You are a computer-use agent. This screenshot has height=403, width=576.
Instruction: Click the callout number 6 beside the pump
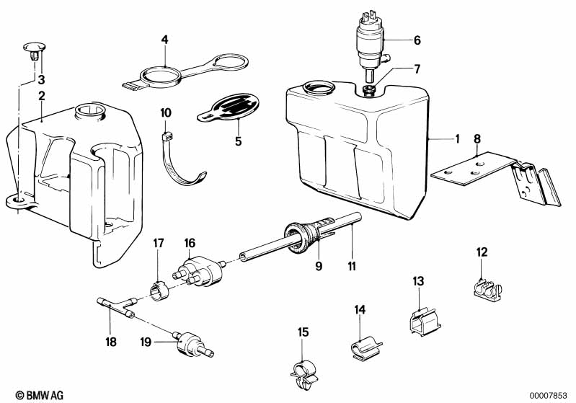coord(417,40)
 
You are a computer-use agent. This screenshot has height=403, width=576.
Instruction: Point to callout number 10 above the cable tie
coord(166,112)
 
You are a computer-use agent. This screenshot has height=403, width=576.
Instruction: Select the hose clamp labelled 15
coord(303,375)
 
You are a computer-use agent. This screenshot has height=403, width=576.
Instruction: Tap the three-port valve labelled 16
coord(198,272)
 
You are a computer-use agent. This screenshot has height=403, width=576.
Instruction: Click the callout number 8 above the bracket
coord(477,139)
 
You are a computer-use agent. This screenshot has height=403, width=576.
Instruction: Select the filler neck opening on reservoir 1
coord(319,89)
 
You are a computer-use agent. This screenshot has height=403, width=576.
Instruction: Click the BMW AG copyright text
coord(40,395)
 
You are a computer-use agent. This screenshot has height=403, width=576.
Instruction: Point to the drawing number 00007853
coord(548,396)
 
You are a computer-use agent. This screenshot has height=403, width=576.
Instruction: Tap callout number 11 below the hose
coord(352,266)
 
